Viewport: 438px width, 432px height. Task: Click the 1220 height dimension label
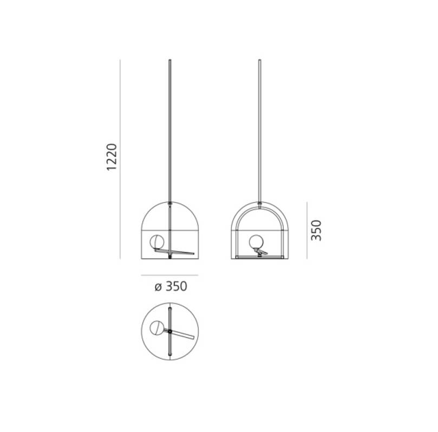pyautogui.click(x=112, y=157)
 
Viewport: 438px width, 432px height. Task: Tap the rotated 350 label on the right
pyautogui.click(x=317, y=230)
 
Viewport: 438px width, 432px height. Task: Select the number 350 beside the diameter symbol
pyautogui.click(x=176, y=287)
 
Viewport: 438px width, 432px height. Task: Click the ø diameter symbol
pyautogui.click(x=158, y=287)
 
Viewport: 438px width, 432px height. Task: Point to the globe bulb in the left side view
pyautogui.click(x=156, y=242)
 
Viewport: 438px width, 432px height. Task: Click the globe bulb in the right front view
pyautogui.click(x=256, y=242)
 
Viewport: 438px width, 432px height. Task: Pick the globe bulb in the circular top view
pyautogui.click(x=156, y=327)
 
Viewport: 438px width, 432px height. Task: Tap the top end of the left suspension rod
pyautogui.click(x=170, y=60)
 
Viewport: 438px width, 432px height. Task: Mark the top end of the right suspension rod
pyautogui.click(x=259, y=60)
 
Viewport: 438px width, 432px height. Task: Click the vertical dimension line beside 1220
pyautogui.click(x=120, y=159)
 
